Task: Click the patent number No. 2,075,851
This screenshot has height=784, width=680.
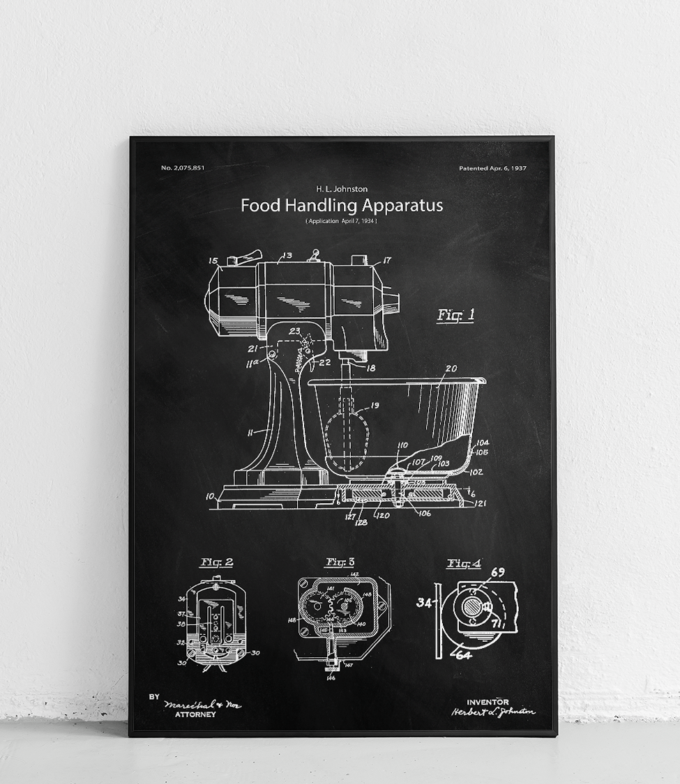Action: pos(183,168)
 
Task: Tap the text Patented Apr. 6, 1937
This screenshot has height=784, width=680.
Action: pos(492,168)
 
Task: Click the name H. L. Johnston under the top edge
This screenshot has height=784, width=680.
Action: pos(341,189)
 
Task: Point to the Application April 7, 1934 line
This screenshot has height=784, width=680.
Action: pos(341,221)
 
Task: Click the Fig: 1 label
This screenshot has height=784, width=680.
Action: pos(455,315)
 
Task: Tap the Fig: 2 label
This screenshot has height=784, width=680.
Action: pos(216,562)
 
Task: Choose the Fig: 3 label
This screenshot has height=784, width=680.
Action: pos(340,562)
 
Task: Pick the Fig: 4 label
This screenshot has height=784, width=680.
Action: pos(464,563)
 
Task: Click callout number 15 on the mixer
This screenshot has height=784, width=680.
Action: pos(213,261)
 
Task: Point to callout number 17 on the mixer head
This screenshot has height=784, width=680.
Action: pos(387,261)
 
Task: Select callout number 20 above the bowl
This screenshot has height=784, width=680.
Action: pos(451,369)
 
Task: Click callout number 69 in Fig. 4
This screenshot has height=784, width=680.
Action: pos(498,572)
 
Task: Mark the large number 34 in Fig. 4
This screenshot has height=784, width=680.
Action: pos(424,602)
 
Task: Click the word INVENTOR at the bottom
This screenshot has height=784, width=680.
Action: pos(488,702)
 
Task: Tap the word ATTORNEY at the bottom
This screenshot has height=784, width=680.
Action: pos(195,714)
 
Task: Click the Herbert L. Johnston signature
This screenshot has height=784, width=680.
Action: pos(493,712)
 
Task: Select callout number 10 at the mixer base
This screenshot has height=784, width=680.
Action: pos(210,496)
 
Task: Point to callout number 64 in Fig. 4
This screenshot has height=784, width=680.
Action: pos(464,654)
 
